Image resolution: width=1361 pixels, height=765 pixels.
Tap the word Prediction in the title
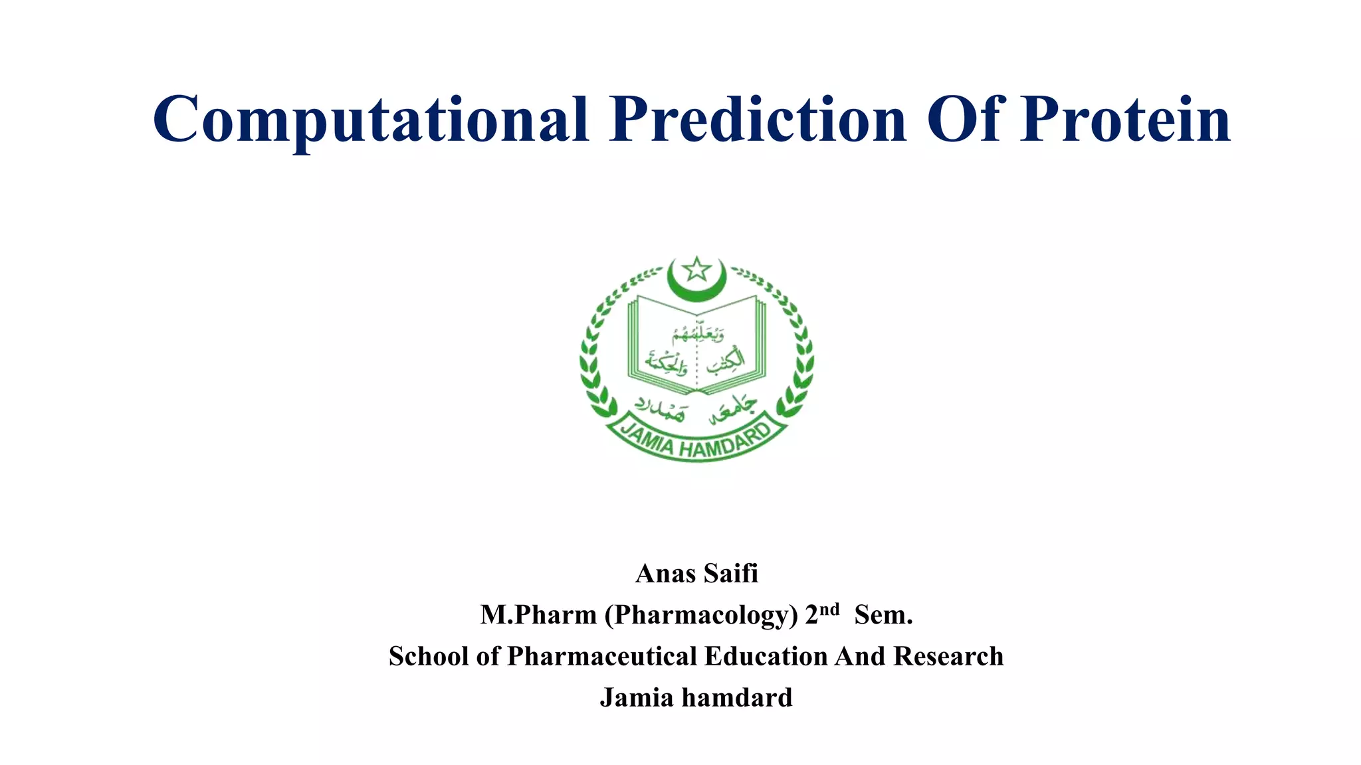pos(758,120)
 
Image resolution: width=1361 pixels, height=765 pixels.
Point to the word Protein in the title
pos(1125,120)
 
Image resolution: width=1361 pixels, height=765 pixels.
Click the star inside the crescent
pos(696,270)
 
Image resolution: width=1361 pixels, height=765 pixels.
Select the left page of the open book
pos(662,345)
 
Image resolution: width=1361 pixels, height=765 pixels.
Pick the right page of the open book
pos(731,345)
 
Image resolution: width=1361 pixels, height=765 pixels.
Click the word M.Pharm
pos(538,615)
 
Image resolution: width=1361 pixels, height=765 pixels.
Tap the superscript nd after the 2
pos(829,609)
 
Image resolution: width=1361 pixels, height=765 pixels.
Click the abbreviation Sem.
pos(883,615)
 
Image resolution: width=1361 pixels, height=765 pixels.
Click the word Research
pos(948,656)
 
